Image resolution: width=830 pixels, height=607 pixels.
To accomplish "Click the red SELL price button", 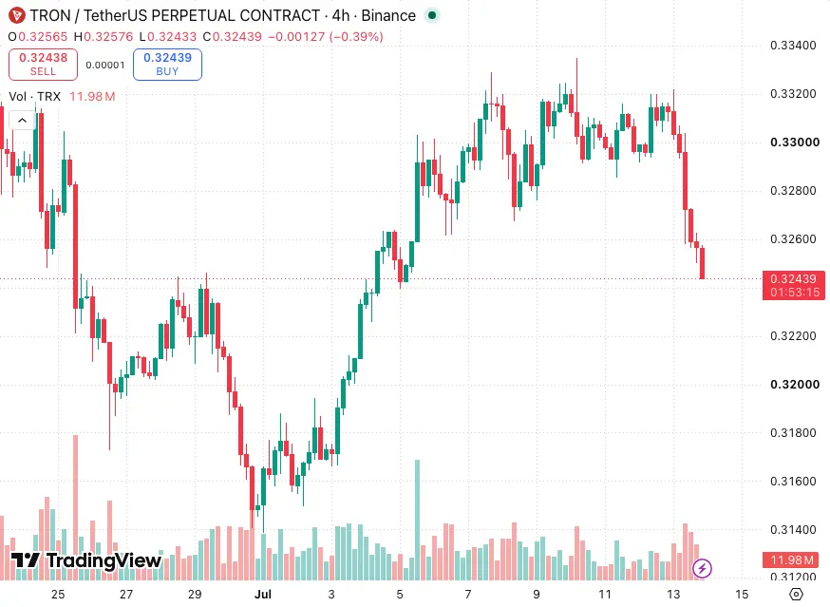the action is [43, 65].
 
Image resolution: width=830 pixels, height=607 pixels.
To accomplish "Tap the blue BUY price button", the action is [167, 65].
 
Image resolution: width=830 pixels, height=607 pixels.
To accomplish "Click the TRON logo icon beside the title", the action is [16, 15].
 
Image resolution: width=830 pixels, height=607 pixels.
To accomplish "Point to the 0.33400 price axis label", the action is [793, 45].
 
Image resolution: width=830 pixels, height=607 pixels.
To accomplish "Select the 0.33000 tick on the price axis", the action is [795, 142].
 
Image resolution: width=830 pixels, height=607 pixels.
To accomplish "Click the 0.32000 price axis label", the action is [795, 384].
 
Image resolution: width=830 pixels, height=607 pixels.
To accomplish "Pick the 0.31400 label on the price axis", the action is [793, 529].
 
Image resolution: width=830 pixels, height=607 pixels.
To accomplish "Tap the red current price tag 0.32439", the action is [794, 285].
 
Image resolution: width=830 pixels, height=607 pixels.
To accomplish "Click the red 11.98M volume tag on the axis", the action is [791, 560].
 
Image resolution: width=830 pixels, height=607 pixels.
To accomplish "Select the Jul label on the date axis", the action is [262, 595].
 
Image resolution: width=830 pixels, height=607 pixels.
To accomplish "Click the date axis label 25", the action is [58, 595].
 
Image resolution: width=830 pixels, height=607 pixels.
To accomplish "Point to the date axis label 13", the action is [672, 595].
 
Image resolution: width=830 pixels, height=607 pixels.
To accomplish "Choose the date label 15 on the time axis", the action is [742, 595].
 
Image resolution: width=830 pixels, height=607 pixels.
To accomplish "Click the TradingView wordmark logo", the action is [86, 560].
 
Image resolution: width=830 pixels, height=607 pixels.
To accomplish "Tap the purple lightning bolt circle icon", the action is [702, 568].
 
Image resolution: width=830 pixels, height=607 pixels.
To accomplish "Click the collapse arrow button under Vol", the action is [22, 121].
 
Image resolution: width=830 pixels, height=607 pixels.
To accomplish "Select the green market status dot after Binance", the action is [432, 15].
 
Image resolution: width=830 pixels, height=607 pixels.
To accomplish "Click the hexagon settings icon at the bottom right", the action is [796, 595].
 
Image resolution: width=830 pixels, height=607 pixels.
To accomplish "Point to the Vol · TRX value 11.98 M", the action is [92, 96].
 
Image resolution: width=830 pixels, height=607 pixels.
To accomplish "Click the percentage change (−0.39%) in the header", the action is [356, 36].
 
